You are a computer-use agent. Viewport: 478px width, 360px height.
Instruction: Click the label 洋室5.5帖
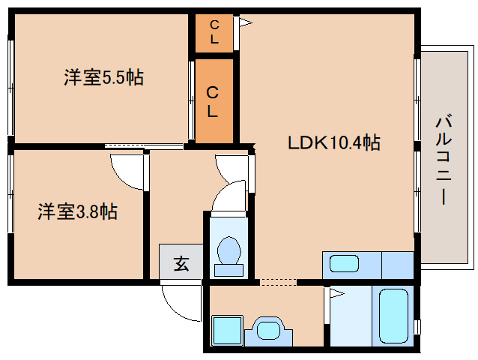click(103, 77)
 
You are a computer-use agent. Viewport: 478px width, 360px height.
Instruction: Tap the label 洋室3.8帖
click(77, 212)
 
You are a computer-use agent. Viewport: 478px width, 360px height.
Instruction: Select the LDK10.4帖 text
click(334, 142)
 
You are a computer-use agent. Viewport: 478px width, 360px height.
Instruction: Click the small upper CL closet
click(214, 34)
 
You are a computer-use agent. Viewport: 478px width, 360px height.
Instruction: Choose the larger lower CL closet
click(214, 101)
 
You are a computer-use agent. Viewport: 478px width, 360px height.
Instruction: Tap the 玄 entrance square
click(181, 263)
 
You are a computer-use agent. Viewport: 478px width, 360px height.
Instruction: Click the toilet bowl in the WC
click(227, 249)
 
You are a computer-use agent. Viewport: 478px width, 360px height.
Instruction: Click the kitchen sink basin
click(345, 264)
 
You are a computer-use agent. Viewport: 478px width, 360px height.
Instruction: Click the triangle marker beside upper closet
click(245, 23)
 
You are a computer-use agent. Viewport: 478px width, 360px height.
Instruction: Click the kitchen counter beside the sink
click(397, 265)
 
